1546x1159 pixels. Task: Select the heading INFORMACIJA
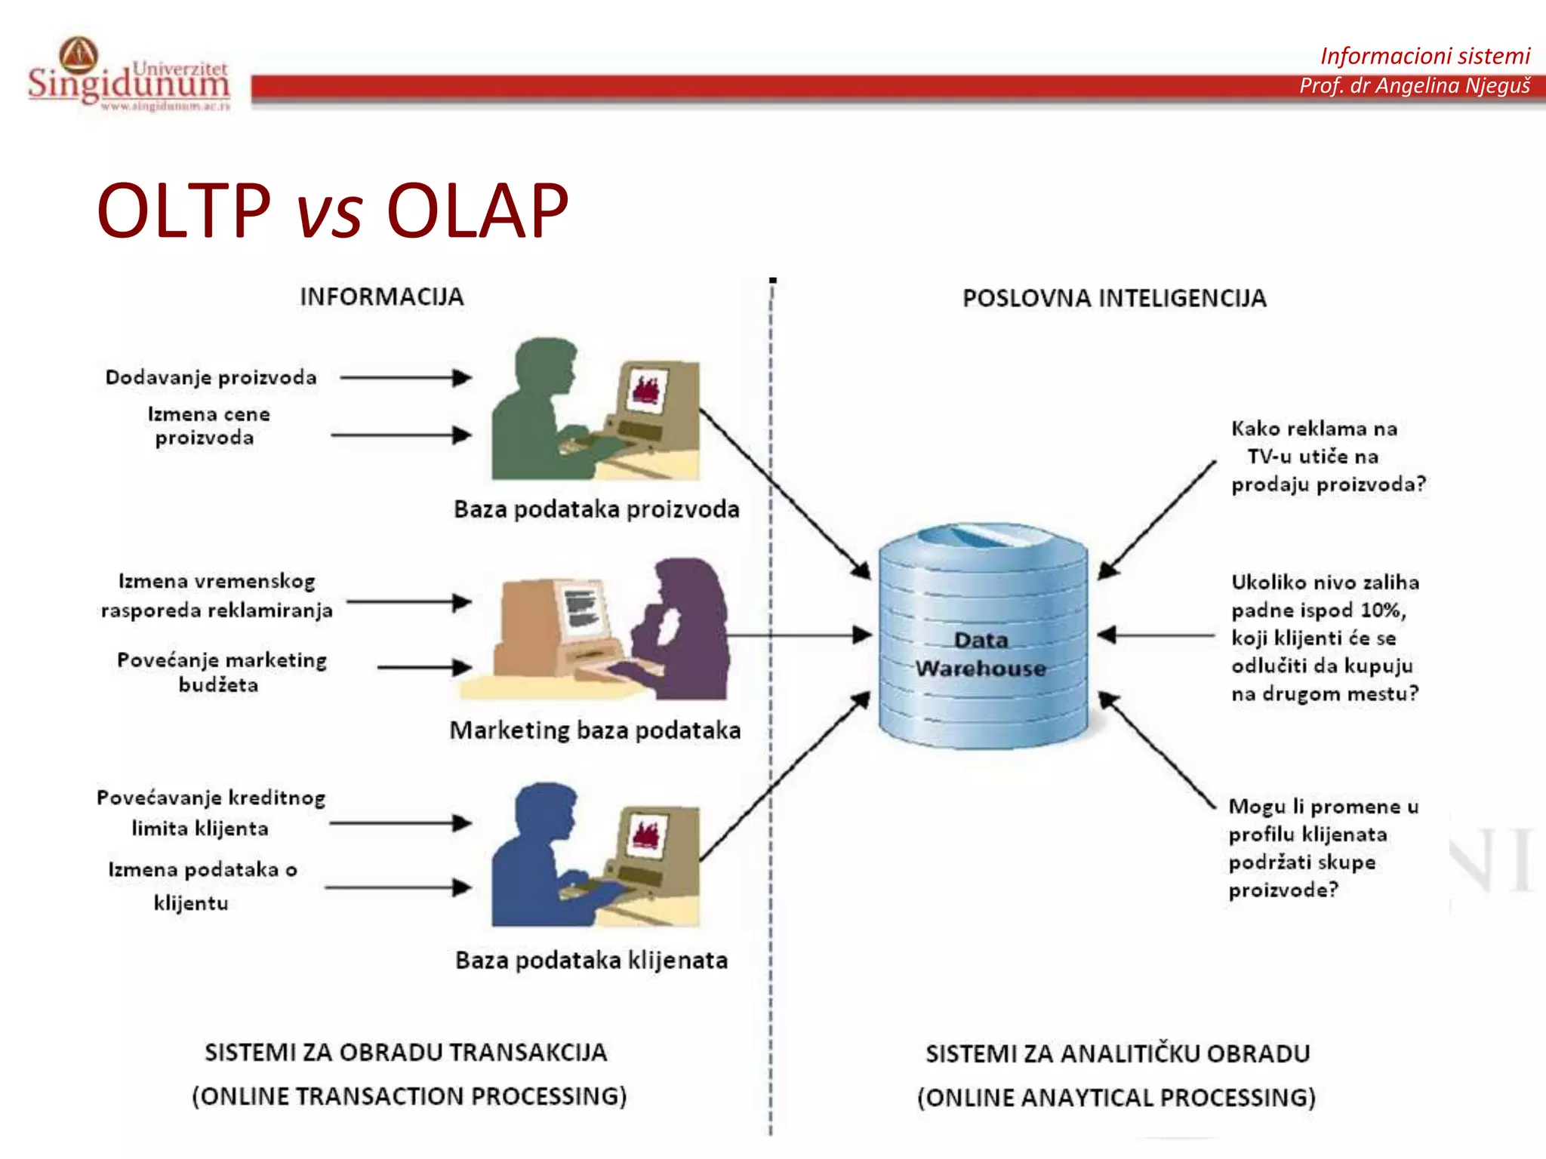[x=381, y=297]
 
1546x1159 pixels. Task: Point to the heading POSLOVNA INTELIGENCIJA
[x=1114, y=298]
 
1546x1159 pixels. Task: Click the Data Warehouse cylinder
[x=983, y=638]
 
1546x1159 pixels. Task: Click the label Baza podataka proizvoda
[x=596, y=509]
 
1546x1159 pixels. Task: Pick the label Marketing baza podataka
[x=595, y=730]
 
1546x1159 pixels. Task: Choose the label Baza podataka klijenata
[x=591, y=961]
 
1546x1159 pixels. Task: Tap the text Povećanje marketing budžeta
[x=221, y=672]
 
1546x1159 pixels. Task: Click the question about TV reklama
[x=1327, y=457]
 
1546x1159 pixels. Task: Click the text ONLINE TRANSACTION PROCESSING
[x=409, y=1096]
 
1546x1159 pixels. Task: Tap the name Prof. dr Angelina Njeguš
[x=1414, y=86]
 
